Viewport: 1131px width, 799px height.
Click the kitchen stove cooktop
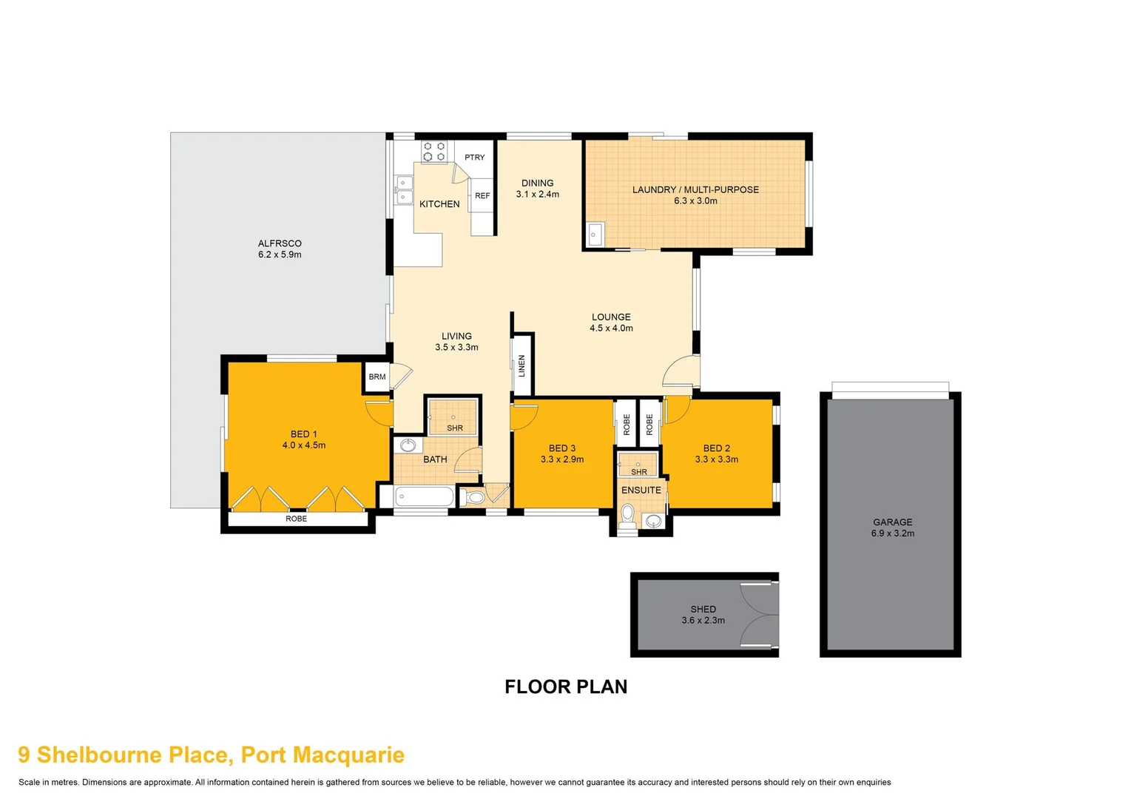(434, 152)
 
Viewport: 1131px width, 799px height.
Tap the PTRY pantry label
(475, 158)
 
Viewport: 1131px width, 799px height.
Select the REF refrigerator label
(482, 196)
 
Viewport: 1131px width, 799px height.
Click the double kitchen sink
(404, 189)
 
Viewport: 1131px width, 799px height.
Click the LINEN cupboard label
(521, 365)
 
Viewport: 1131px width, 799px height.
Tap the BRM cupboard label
(377, 377)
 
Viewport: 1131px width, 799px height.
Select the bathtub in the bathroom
(424, 496)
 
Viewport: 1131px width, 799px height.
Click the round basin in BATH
(408, 445)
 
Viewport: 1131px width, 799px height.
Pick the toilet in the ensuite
(628, 513)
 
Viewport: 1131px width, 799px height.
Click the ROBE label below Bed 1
(297, 519)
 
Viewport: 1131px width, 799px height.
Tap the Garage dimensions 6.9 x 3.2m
(893, 533)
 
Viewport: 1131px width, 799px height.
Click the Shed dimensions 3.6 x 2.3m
(703, 621)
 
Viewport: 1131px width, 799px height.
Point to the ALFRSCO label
(280, 243)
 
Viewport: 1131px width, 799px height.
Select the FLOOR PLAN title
(566, 687)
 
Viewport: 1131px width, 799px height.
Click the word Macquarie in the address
(348, 755)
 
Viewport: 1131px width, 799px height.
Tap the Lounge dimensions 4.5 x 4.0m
(611, 328)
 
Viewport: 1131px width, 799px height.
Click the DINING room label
(538, 183)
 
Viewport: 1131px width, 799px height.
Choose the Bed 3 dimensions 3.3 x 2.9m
(562, 459)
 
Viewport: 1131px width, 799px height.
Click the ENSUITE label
(641, 490)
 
